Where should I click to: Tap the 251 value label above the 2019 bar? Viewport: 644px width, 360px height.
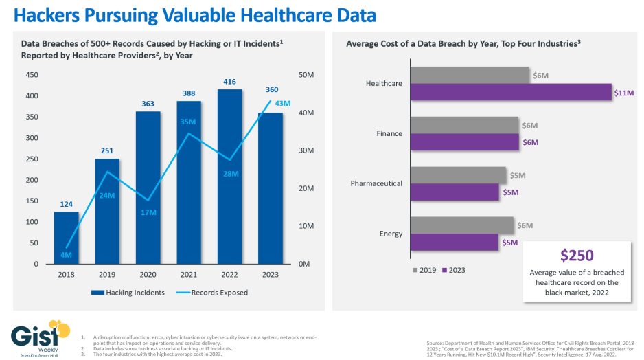point(107,150)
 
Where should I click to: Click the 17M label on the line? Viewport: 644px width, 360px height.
point(149,212)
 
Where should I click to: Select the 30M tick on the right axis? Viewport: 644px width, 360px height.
point(304,150)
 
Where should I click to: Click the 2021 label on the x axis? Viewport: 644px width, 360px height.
point(189,275)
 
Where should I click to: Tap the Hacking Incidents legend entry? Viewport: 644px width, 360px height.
point(130,292)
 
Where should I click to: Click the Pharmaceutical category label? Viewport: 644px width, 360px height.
point(376,184)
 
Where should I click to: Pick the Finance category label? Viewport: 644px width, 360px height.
point(389,133)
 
